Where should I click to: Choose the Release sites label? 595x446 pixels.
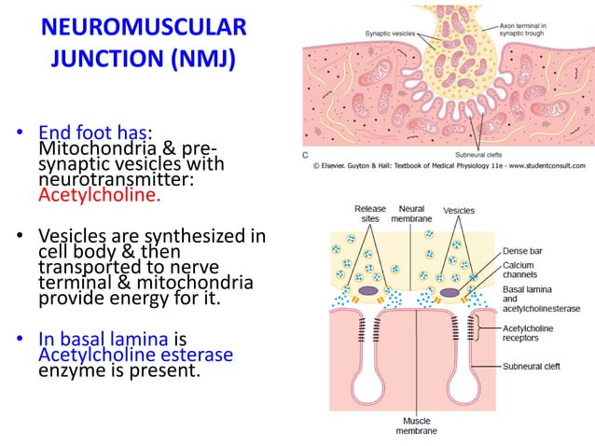click(x=370, y=213)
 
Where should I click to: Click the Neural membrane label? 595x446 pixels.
click(x=414, y=213)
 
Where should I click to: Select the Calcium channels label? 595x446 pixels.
click(x=524, y=269)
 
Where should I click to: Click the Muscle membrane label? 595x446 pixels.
click(x=413, y=426)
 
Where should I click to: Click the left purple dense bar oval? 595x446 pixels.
click(x=369, y=291)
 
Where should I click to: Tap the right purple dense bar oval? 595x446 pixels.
click(x=453, y=291)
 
